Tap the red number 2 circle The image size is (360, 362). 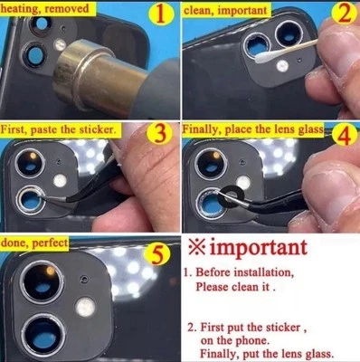coord(342,16)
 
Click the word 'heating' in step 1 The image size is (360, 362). coord(24,7)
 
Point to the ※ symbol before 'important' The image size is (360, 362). coord(195,246)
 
